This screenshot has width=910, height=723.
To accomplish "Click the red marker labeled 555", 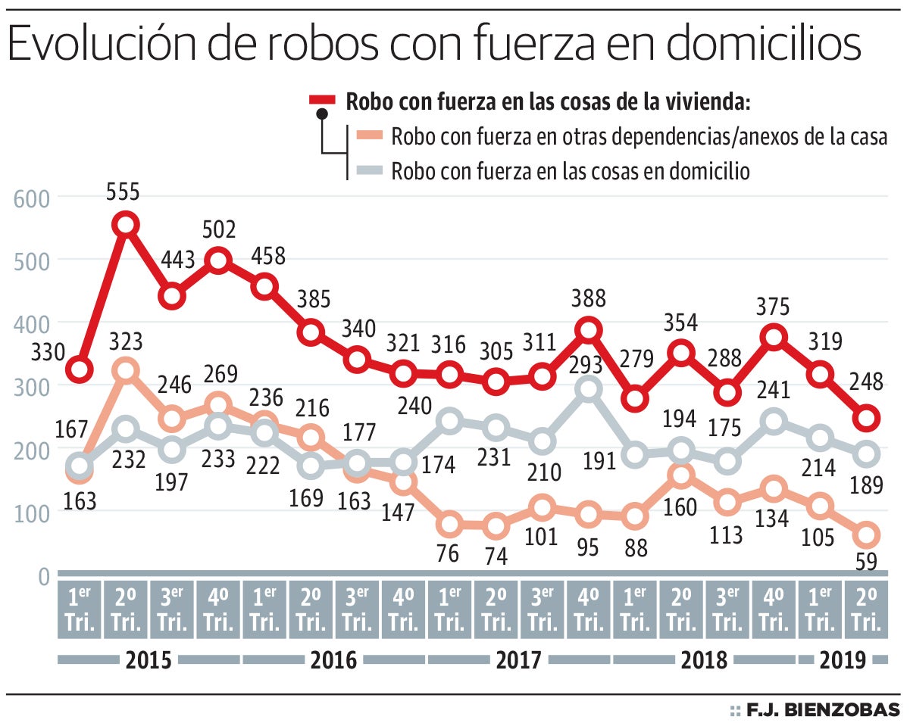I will coord(126,224).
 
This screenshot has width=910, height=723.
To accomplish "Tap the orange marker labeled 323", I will coord(126,370).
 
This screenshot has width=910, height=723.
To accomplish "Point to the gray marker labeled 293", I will coord(589,389).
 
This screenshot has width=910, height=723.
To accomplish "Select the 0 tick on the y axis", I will coord(42,577).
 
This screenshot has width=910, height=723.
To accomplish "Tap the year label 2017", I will coord(519,660).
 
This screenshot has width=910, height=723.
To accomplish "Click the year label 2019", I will coord(842,660).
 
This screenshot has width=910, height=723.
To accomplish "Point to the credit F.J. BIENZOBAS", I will coord(823,709).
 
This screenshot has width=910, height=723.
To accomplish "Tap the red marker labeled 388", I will coord(589,329).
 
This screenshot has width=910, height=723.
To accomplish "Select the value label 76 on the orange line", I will coord(449,553).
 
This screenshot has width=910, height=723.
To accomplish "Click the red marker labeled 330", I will coord(80,369).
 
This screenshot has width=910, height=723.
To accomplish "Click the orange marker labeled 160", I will coord(682,475).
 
